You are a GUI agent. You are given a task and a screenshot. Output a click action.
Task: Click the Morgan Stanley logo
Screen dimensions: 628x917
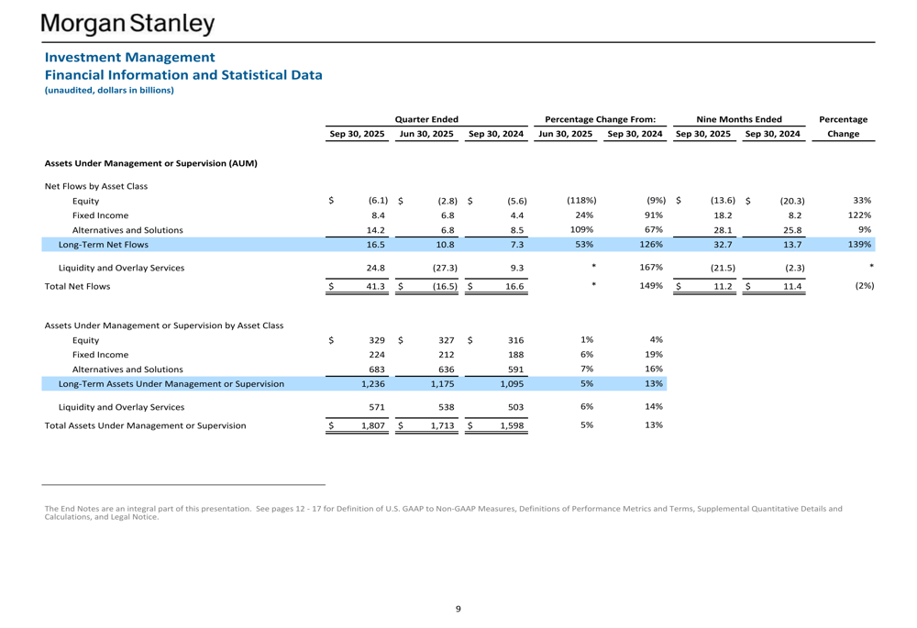[x=127, y=23]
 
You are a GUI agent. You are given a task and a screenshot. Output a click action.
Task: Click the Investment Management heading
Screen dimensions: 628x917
[x=129, y=57]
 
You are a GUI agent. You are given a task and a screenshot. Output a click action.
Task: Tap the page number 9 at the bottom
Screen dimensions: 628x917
[x=458, y=609]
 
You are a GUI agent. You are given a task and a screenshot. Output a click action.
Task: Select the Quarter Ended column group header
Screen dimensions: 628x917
[x=426, y=119]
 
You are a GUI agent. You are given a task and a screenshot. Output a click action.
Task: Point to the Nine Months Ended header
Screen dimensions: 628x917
[x=738, y=119]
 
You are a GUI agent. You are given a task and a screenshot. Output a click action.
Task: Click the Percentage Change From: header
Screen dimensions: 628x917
[x=600, y=119]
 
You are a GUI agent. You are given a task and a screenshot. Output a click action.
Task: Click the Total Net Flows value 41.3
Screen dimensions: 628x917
[x=374, y=287]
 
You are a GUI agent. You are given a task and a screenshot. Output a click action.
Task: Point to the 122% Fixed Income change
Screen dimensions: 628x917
[x=858, y=215]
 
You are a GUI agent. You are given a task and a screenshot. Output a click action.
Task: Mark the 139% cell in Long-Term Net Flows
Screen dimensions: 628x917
[x=858, y=245]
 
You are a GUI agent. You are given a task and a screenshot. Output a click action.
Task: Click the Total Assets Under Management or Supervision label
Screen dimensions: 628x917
[x=145, y=425]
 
